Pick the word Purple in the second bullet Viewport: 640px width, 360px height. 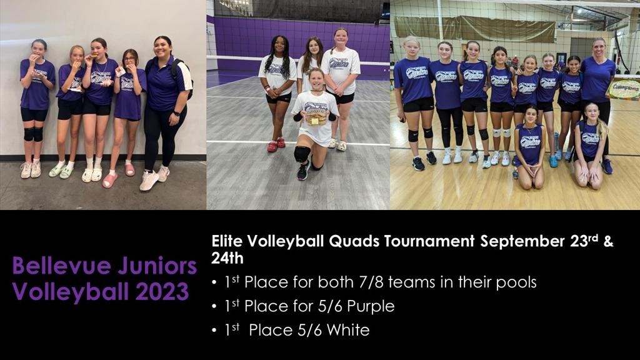[372, 306]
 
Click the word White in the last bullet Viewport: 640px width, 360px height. [347, 330]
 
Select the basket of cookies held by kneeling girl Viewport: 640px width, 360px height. [316, 117]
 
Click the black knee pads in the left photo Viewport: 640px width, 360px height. [32, 134]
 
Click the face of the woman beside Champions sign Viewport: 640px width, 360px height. [599, 47]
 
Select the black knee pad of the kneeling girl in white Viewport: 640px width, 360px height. [302, 154]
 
